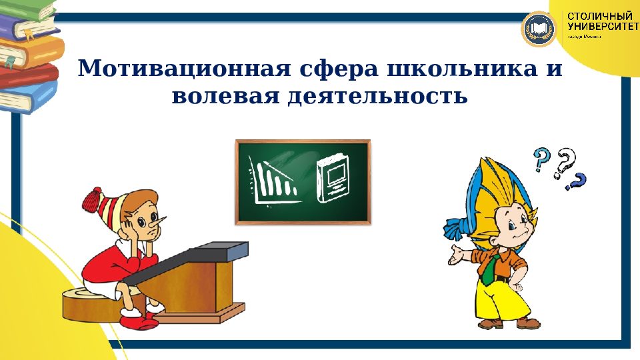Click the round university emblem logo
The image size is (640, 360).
pos(539,29)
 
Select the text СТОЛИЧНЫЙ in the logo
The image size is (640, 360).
pos(600,15)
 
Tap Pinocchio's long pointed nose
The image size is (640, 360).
pos(169,221)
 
